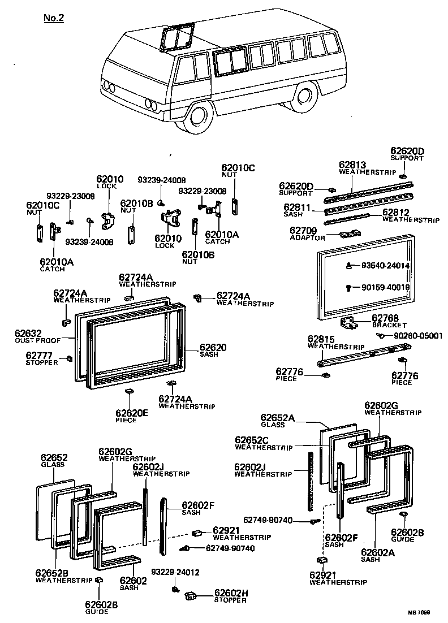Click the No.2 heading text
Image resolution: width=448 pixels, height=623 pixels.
tap(54, 18)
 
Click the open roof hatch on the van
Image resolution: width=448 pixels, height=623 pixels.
tap(176, 37)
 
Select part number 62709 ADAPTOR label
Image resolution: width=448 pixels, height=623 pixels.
tap(307, 233)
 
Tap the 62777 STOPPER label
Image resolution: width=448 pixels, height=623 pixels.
tap(41, 358)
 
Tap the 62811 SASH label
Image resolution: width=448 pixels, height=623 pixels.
tap(298, 211)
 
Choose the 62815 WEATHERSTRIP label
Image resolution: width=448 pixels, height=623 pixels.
tap(328, 342)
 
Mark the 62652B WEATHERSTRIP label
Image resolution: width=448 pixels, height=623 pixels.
tap(57, 576)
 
